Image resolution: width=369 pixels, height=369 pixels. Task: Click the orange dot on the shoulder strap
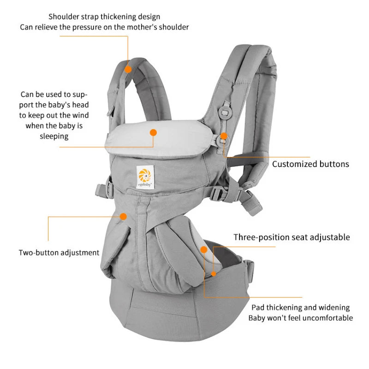point(128,69)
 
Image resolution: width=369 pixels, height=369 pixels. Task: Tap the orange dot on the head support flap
point(154,132)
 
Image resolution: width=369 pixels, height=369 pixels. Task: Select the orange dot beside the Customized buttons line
point(224,136)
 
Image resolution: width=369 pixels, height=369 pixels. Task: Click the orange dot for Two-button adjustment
point(123,216)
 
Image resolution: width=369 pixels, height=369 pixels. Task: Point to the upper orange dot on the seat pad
point(204,250)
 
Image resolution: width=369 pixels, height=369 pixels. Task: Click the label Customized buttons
point(310,164)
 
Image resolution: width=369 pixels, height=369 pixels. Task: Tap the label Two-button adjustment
point(59,252)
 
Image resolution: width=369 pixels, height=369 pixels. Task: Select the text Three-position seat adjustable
point(292,237)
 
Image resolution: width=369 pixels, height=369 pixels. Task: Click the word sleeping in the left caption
point(54,136)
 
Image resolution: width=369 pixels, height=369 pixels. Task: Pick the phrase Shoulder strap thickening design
point(104,17)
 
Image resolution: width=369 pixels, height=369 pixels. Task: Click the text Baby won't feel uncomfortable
point(300,318)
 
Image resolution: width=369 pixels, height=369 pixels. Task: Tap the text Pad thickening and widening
point(300,307)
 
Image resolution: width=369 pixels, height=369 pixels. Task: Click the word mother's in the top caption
point(149,27)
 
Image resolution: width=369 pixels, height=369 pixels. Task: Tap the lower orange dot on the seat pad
point(214,273)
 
